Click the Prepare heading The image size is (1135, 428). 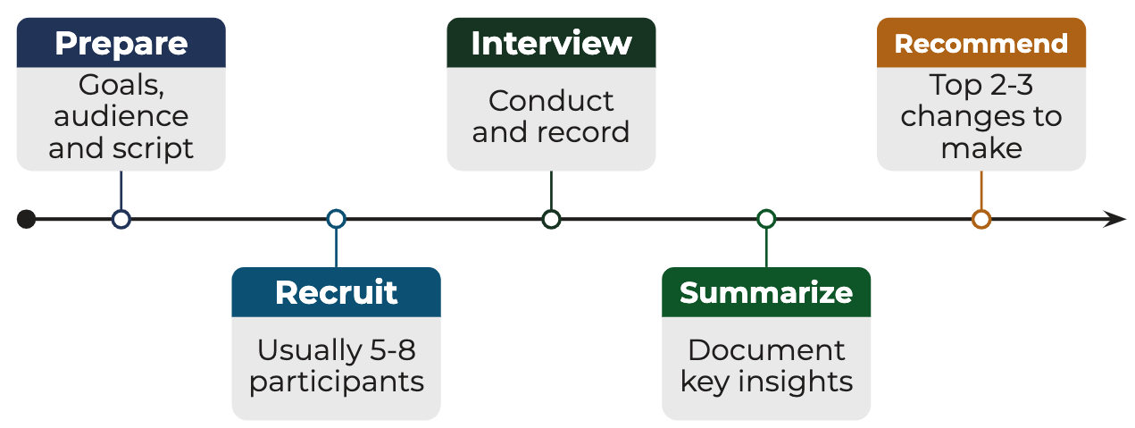(x=121, y=43)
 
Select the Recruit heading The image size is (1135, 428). (x=336, y=292)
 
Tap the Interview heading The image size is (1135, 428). (x=551, y=43)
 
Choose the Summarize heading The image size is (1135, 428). (x=766, y=292)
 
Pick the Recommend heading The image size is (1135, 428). (x=981, y=44)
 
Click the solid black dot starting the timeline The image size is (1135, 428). (x=27, y=219)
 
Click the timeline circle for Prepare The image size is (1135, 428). (x=121, y=219)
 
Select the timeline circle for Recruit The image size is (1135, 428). (x=336, y=219)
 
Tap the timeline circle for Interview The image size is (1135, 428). (x=551, y=219)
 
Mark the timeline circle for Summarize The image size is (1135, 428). (x=766, y=219)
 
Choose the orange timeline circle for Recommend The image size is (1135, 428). (x=981, y=219)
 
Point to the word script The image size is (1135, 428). (x=156, y=147)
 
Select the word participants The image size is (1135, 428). (x=336, y=382)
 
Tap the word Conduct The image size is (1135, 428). (x=551, y=101)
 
